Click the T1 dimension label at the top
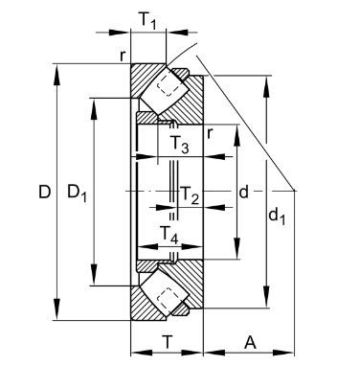147,21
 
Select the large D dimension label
45,192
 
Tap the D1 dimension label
77,194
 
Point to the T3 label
179,144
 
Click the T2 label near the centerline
190,194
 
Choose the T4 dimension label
169,235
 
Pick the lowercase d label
243,193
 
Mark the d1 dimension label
277,216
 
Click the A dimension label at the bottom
250,343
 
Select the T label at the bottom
168,342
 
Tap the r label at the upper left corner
123,56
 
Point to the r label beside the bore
210,133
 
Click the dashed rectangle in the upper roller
169,85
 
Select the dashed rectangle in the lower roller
168,299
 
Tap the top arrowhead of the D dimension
56,75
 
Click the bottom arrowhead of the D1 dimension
94,274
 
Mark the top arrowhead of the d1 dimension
266,86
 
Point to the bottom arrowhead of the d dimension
236,248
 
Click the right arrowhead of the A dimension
282,353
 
